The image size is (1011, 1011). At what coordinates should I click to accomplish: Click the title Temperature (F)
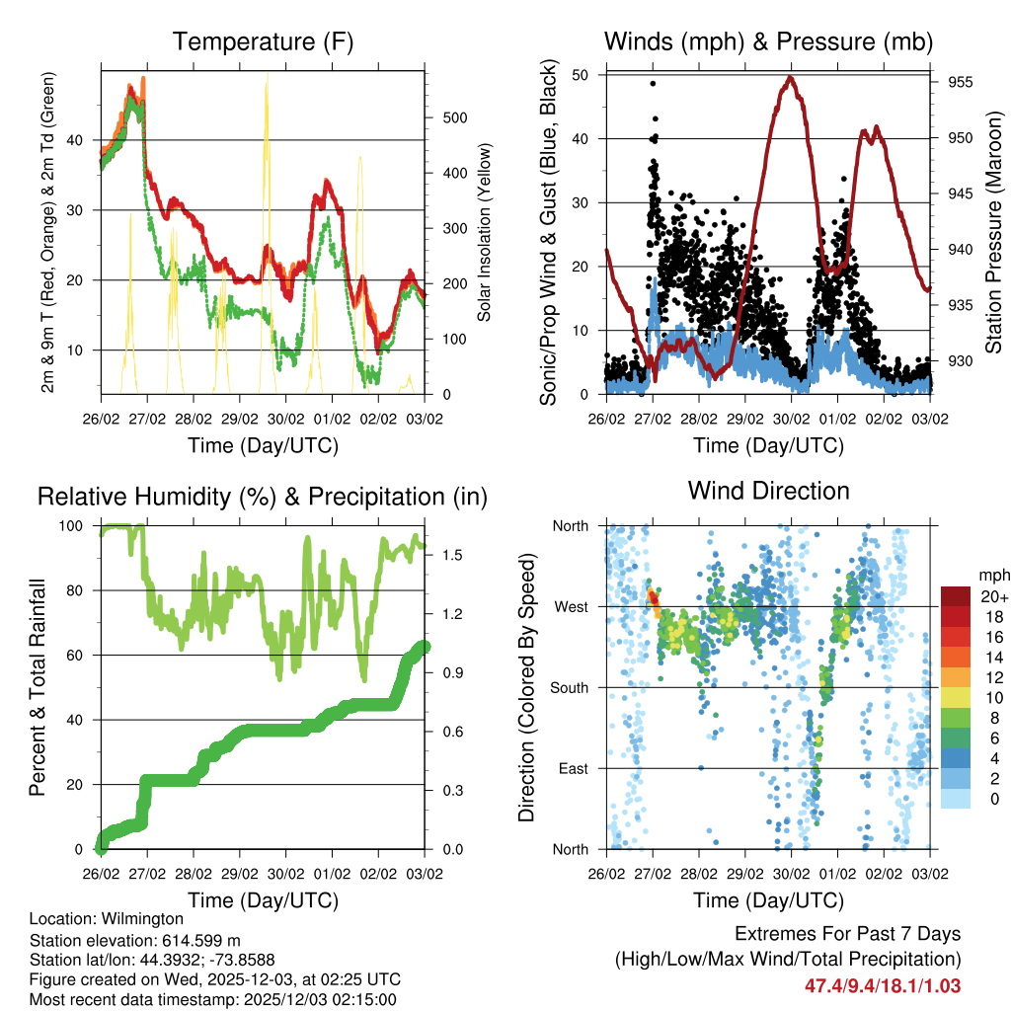point(263,41)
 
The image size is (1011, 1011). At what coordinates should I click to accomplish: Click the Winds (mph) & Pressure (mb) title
point(768,41)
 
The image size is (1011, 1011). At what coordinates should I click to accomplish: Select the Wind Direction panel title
point(768,490)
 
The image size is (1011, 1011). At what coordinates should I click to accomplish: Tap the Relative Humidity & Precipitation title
point(263,497)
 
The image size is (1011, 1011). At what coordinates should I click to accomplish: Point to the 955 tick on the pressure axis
point(957,83)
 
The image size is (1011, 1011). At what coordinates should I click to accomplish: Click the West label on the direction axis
point(571,606)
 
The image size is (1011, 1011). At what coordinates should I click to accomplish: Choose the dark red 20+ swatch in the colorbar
point(956,596)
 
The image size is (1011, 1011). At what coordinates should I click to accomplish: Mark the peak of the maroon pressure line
point(790,77)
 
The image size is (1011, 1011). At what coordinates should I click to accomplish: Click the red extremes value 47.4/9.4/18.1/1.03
point(883,985)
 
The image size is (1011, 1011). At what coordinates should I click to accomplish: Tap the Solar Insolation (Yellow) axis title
point(485,232)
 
